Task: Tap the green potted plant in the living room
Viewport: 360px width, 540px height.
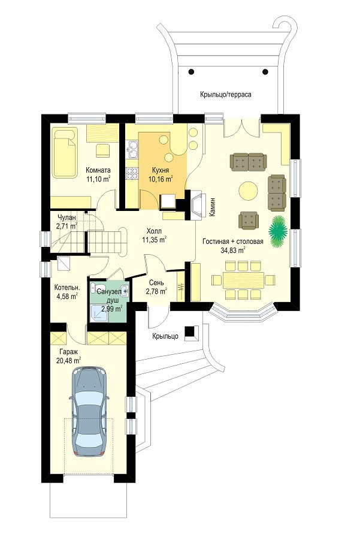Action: point(278,231)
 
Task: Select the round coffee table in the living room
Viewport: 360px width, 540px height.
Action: point(248,191)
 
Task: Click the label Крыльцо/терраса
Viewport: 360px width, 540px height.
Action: point(225,94)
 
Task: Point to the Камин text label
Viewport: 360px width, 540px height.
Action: point(213,206)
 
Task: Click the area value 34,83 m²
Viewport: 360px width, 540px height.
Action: point(232,251)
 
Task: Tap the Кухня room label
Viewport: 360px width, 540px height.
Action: point(160,170)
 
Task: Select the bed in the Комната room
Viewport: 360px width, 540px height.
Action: point(65,153)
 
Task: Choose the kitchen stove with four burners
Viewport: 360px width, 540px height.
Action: point(132,174)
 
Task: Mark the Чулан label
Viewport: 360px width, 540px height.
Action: point(66,218)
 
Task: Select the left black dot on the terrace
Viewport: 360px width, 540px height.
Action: point(191,72)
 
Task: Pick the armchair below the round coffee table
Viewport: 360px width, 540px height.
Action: point(249,220)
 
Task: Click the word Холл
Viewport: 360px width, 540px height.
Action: point(154,231)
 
